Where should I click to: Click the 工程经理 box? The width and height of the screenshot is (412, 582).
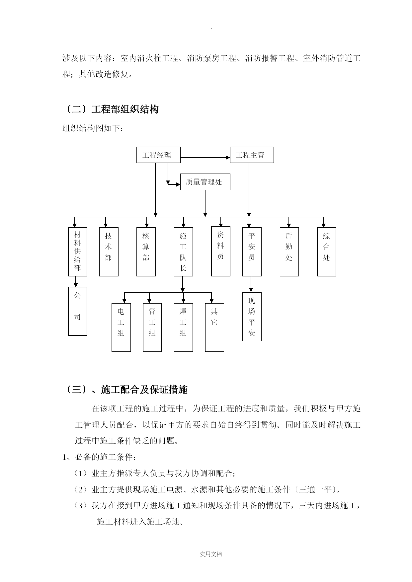(158, 155)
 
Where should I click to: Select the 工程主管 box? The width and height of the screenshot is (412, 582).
(252, 155)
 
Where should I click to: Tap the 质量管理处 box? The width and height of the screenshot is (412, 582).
(205, 182)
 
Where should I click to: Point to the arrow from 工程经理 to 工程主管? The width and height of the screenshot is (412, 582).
(205, 158)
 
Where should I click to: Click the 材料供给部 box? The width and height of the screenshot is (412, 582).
(78, 252)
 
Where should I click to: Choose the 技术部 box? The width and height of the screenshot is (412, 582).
(109, 252)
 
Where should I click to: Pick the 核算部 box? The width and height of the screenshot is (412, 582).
(146, 252)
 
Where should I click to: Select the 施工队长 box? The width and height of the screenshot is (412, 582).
(183, 252)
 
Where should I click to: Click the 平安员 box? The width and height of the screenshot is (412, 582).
(252, 252)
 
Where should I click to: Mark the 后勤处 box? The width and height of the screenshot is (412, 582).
(289, 252)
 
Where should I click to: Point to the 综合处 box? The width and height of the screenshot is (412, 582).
(327, 252)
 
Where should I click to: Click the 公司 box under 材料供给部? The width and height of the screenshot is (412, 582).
(78, 311)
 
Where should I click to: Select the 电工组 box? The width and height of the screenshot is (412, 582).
(121, 327)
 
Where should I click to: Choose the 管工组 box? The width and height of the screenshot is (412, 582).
(152, 327)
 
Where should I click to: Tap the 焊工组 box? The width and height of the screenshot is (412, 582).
(183, 327)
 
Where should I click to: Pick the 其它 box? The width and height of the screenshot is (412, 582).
(214, 327)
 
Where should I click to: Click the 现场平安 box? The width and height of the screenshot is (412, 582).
(252, 317)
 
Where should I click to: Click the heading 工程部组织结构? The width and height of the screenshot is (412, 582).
(125, 109)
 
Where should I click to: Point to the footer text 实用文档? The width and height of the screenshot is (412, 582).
(211, 554)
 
